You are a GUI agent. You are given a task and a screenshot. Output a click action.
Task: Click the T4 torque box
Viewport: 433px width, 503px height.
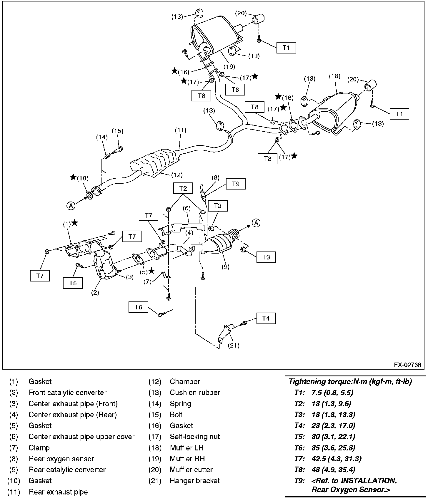click(266, 318)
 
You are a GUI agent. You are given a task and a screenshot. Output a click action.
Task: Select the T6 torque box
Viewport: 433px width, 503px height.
click(138, 307)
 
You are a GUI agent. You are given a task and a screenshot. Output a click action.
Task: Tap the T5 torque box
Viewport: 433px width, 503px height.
click(73, 283)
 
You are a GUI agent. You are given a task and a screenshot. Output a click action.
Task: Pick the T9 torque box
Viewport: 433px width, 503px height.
click(236, 184)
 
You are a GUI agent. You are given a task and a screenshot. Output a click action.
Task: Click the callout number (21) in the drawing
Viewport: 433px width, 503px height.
click(234, 346)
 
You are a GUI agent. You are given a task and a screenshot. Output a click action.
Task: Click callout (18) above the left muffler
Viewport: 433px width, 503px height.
click(335, 76)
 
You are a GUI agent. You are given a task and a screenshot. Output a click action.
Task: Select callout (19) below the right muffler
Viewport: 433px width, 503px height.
click(229, 66)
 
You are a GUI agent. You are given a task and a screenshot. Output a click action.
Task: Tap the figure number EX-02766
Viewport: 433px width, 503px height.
click(407, 365)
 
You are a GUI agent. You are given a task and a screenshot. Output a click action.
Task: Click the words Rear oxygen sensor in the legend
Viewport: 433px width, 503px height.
click(61, 459)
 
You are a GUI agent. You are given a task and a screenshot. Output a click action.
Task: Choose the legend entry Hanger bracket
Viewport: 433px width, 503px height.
click(194, 481)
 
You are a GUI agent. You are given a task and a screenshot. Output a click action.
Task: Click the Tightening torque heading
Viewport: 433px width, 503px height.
click(350, 381)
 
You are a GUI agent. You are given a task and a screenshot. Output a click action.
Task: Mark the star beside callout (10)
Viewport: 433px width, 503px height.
click(73, 177)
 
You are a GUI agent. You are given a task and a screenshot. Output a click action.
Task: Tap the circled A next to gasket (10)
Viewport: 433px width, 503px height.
click(71, 206)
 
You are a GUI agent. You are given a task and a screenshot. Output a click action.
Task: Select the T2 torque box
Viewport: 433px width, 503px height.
click(183, 188)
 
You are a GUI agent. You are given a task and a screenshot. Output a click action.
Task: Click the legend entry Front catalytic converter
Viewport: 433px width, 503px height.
click(67, 393)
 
